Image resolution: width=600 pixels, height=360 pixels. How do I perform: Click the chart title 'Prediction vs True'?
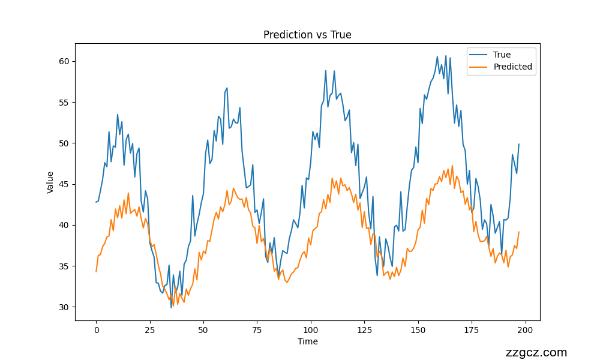pos(307,35)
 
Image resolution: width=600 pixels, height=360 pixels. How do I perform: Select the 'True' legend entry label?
pos(502,55)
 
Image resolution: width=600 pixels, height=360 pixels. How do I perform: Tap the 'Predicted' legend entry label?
pos(512,67)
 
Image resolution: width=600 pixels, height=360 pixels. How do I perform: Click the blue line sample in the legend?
pos(479,55)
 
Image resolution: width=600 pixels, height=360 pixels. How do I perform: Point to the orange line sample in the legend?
pos(479,67)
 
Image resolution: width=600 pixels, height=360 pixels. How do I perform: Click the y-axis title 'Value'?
pos(50,182)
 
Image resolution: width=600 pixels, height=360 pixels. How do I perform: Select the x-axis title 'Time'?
pos(307,341)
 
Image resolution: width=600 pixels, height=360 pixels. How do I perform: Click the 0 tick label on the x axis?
pos(96,329)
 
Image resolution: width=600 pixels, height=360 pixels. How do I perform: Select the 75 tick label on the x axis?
pos(257,329)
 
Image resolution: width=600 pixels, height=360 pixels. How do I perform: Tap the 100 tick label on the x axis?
pos(311,329)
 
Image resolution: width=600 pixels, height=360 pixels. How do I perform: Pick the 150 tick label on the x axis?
pos(418,329)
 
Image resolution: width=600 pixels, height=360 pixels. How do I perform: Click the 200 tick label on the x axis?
pos(526,329)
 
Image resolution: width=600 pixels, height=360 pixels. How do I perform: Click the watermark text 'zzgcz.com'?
pos(536,353)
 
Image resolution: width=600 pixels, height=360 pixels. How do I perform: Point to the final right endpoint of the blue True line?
pos(519,145)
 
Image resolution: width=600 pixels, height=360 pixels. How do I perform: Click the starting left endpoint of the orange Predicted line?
pos(96,272)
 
